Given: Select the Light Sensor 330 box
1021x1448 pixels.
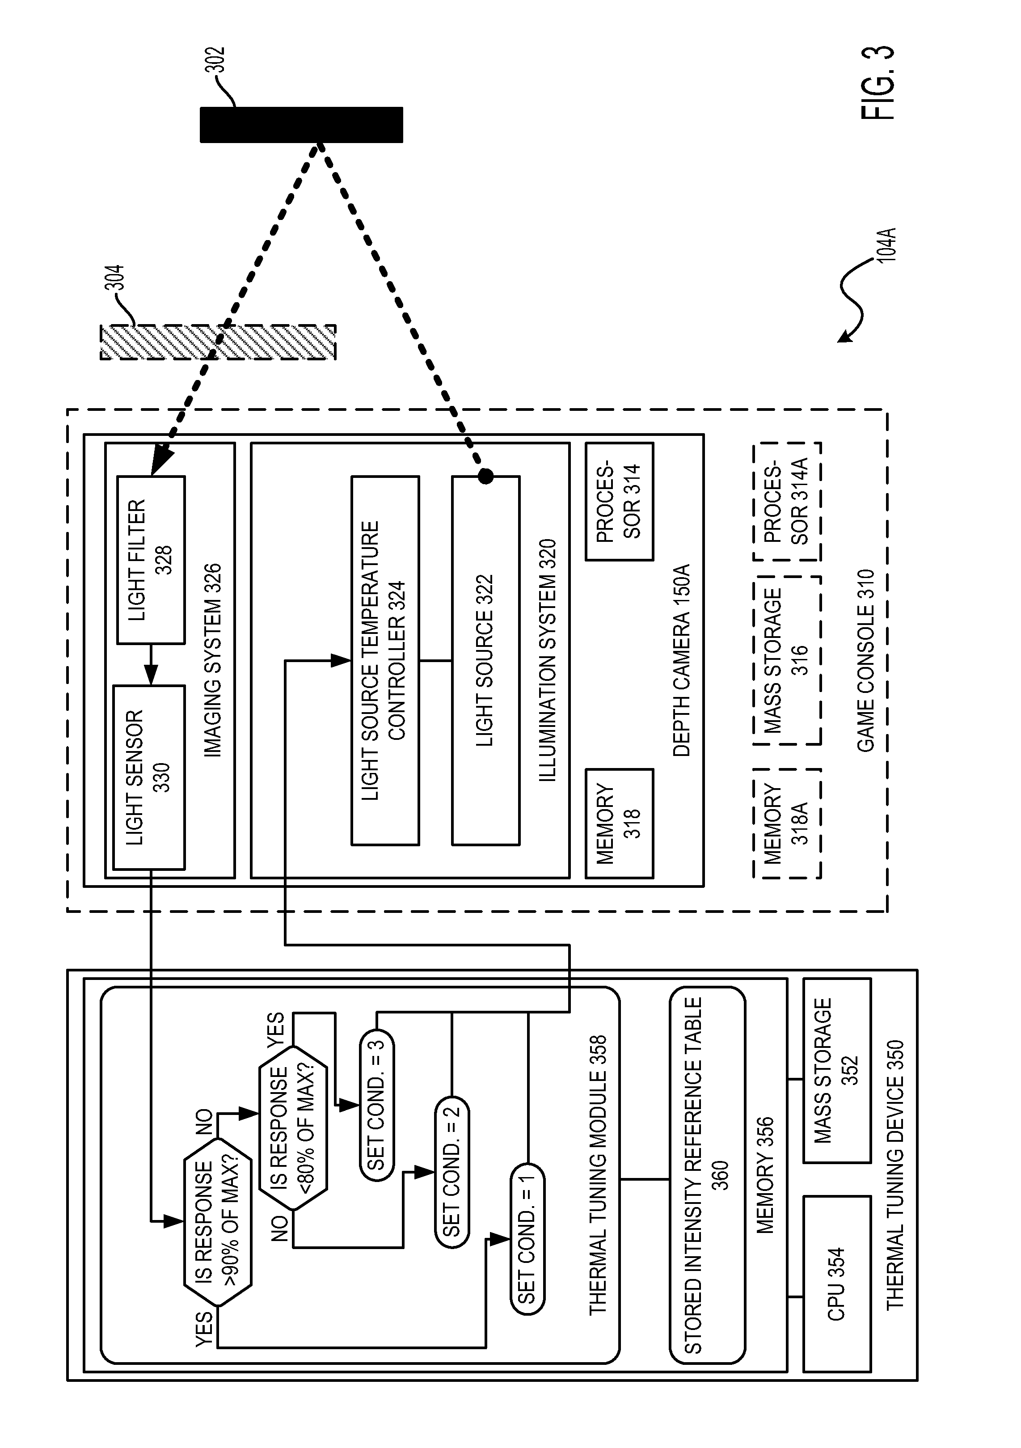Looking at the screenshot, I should (x=149, y=777).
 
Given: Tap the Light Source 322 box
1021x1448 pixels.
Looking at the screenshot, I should (x=485, y=660).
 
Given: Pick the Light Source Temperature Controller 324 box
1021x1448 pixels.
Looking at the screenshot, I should (x=385, y=660).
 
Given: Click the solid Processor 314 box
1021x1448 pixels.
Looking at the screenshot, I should (x=619, y=502).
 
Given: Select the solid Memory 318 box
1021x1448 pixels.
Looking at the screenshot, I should (x=619, y=823).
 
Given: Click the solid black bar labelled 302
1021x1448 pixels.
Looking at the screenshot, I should (x=301, y=125).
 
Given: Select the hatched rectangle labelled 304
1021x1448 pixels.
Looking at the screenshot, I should (x=218, y=342).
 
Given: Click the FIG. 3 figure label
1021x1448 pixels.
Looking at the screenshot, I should (x=877, y=82).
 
